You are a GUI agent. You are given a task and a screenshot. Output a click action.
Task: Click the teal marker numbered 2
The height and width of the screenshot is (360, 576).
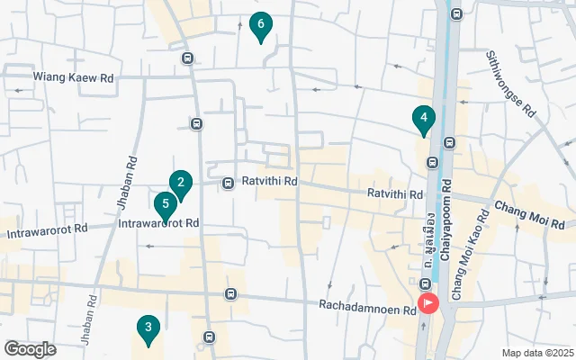point(181,185)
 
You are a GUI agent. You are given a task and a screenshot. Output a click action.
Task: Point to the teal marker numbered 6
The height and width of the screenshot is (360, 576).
point(260,27)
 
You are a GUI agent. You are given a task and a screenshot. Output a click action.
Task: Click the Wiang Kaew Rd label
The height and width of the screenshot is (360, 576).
point(74,78)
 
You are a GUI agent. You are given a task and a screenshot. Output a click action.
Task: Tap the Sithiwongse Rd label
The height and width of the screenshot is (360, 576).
point(510,85)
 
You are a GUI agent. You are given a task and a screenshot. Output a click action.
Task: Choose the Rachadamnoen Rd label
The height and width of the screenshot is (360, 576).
point(366,307)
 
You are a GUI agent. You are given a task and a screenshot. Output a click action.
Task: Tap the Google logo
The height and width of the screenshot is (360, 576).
point(30,349)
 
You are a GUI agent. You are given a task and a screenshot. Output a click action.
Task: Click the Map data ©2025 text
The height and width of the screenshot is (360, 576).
point(536,353)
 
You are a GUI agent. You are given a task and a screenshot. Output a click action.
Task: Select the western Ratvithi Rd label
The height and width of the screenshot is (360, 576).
point(269,182)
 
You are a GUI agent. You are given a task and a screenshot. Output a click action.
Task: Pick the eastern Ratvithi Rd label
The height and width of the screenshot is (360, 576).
point(394,194)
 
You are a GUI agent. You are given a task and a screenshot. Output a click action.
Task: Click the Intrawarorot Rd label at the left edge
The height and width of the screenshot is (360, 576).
point(47,231)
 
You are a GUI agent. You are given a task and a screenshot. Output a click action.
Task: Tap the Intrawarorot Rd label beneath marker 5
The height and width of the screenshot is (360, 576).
point(158,222)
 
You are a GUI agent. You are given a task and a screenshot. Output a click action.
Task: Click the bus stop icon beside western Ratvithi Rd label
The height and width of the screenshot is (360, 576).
point(229,182)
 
